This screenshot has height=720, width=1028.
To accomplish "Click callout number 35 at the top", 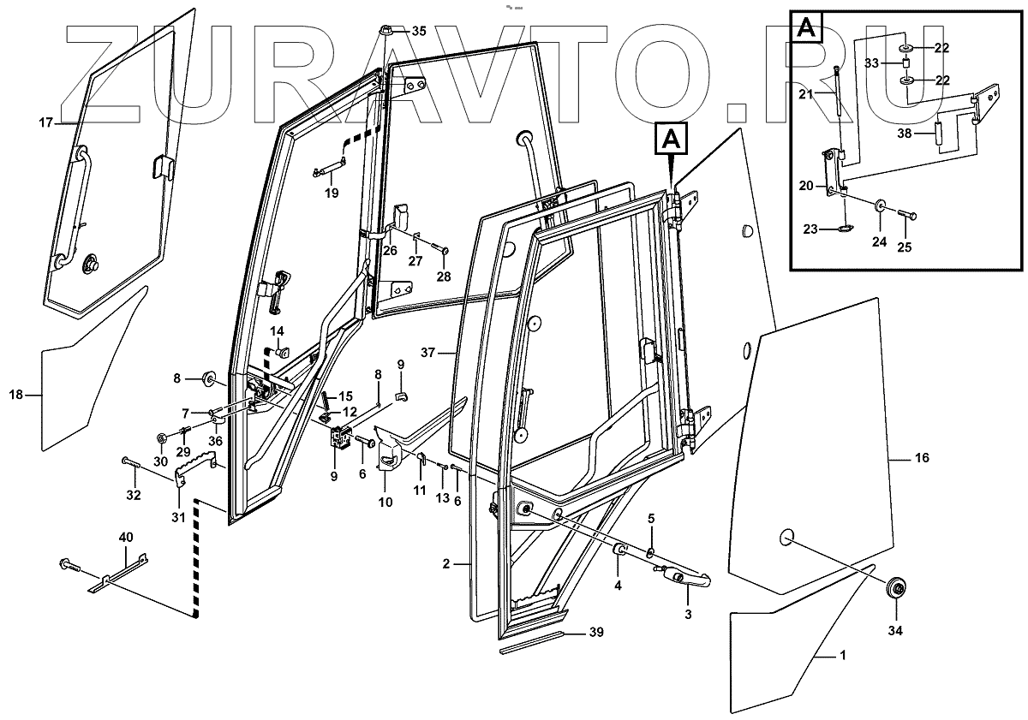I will pos(418,31).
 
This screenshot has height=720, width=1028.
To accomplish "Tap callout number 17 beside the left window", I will pos(45,123).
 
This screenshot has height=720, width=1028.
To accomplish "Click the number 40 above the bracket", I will pos(126,537).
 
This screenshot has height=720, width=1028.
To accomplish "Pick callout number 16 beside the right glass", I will pos(922,459).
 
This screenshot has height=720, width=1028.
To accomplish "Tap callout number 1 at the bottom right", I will pos(842,656).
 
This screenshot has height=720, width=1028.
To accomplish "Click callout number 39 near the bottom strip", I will pos(596,634).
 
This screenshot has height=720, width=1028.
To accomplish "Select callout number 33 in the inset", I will pos(871,62).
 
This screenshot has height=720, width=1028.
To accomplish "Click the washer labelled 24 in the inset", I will pos(882,206).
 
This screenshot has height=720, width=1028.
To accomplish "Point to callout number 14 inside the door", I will pos(277,331).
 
